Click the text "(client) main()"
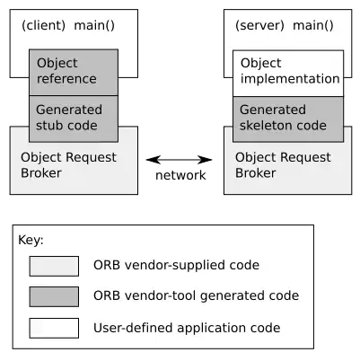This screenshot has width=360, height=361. coord(67,28)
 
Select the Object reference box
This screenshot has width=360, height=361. coord(74,72)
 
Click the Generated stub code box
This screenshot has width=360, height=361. coord(74,118)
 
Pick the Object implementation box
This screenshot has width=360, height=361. coord(287,72)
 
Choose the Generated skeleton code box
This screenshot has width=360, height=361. coord(287,118)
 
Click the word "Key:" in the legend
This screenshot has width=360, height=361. coord(31,241)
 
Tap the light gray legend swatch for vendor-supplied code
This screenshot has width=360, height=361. coord(54,266)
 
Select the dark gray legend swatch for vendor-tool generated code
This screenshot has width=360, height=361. coord(54,296)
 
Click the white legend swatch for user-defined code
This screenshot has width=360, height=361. coord(54,328)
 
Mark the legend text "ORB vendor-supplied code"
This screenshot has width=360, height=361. coord(176,266)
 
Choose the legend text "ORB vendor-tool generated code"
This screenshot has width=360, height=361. coord(196,296)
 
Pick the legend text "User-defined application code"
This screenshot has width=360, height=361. coord(187,328)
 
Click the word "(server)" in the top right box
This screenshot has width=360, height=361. coord(256,28)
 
